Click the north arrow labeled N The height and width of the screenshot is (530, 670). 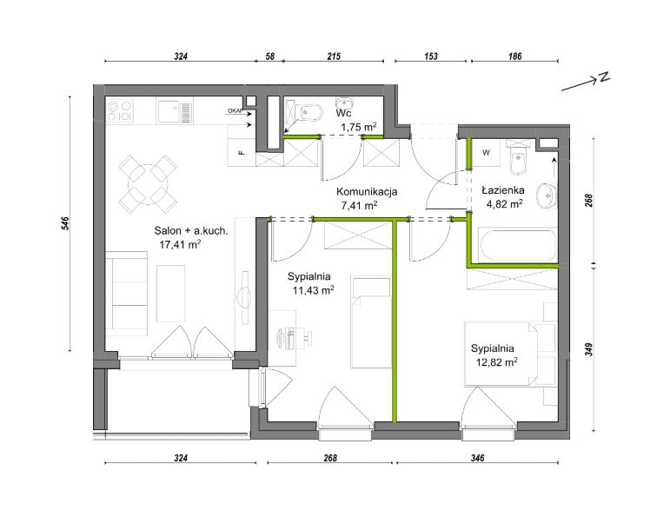[586, 83]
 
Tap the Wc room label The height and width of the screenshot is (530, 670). [343, 114]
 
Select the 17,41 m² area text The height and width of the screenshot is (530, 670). [180, 244]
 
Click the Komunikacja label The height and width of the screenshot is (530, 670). [367, 192]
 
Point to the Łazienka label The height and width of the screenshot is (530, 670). [503, 190]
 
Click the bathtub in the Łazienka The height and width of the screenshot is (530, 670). [518, 246]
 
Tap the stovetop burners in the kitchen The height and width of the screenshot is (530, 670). [120, 110]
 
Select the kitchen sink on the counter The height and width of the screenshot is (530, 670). [175, 112]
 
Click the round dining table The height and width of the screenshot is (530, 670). [148, 184]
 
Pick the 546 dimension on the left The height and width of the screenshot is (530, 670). [65, 224]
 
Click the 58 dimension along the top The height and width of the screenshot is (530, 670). [270, 56]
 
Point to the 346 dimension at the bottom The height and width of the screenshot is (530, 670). [477, 458]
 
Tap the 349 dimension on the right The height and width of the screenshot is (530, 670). [588, 349]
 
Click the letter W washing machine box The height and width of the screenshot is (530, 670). [486, 152]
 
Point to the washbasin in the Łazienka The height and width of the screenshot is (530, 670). [547, 195]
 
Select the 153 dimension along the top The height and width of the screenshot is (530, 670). [431, 56]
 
